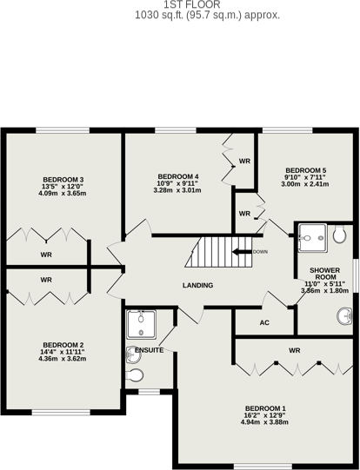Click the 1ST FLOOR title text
click(x=192, y=4)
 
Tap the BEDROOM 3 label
click(x=63, y=180)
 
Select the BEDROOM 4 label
click(x=178, y=176)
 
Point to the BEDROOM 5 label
click(x=306, y=170)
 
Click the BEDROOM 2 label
click(x=63, y=345)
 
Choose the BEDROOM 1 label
click(x=265, y=408)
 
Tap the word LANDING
click(x=198, y=285)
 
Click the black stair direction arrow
click(x=242, y=252)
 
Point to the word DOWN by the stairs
click(x=260, y=252)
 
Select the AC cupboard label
click(x=264, y=323)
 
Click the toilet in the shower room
click(x=340, y=235)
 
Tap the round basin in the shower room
click(x=344, y=316)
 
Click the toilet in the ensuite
click(x=135, y=375)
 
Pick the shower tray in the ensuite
click(x=141, y=325)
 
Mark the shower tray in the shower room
click(x=312, y=238)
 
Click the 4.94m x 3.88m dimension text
click(x=264, y=422)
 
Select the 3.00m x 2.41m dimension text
click(x=305, y=184)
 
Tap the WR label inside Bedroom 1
click(x=295, y=350)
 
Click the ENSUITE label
click(x=149, y=350)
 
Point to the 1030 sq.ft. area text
click(x=207, y=15)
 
